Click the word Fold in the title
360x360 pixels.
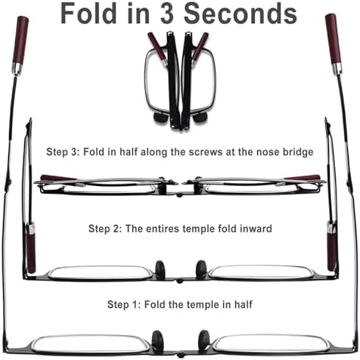(87, 14)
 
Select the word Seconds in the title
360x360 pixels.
(241, 14)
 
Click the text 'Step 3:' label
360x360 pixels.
(63, 152)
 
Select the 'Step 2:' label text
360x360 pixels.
(105, 228)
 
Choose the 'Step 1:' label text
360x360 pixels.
(124, 305)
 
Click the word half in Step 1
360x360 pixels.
(244, 304)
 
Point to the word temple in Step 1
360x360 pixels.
(202, 305)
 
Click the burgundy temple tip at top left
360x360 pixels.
(20, 42)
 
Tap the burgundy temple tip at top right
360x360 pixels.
(334, 40)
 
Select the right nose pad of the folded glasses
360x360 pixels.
(200, 118)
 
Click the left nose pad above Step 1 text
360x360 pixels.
(160, 269)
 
